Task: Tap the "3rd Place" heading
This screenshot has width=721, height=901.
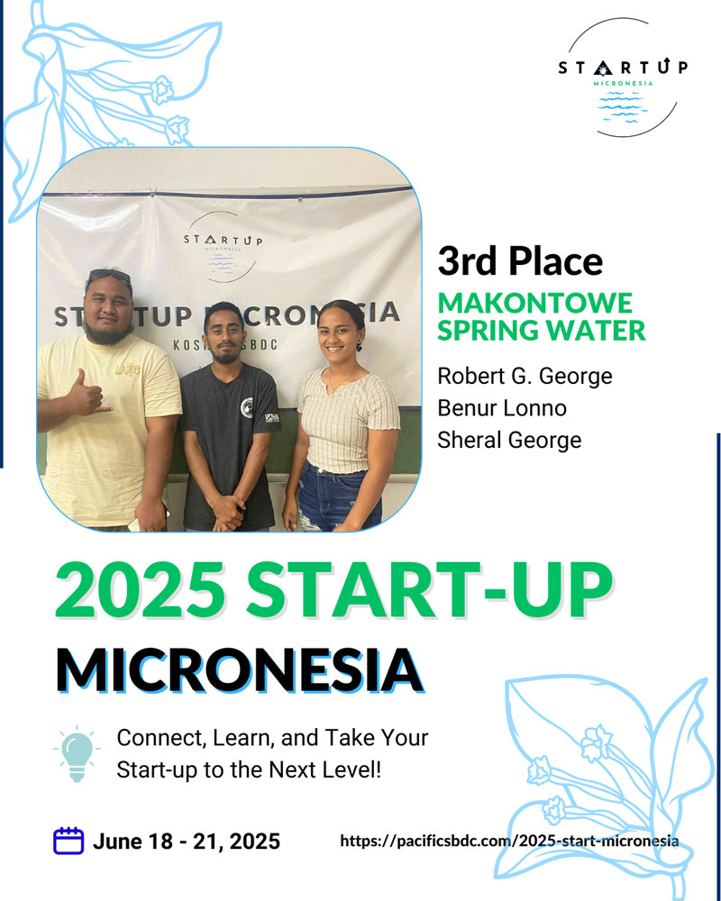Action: [x=520, y=261]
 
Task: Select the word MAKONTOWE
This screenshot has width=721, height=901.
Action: [x=534, y=303]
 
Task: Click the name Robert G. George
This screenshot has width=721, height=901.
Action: [x=525, y=377]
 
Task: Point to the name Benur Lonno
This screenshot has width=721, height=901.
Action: [x=502, y=408]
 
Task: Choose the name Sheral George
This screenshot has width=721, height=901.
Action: [x=509, y=441]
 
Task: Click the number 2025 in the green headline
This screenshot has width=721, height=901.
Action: [x=141, y=589]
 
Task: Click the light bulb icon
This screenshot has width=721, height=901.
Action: [x=77, y=753]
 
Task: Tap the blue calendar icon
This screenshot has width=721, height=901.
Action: [x=68, y=841]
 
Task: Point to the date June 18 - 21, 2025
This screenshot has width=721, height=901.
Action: [x=187, y=842]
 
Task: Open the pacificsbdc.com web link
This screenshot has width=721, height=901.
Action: [x=509, y=842]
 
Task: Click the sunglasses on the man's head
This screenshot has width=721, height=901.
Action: [x=109, y=277]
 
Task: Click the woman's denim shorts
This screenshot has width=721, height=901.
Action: [x=336, y=497]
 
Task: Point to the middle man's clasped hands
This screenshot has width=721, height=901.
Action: [x=227, y=513]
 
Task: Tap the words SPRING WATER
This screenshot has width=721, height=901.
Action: [x=541, y=330]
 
